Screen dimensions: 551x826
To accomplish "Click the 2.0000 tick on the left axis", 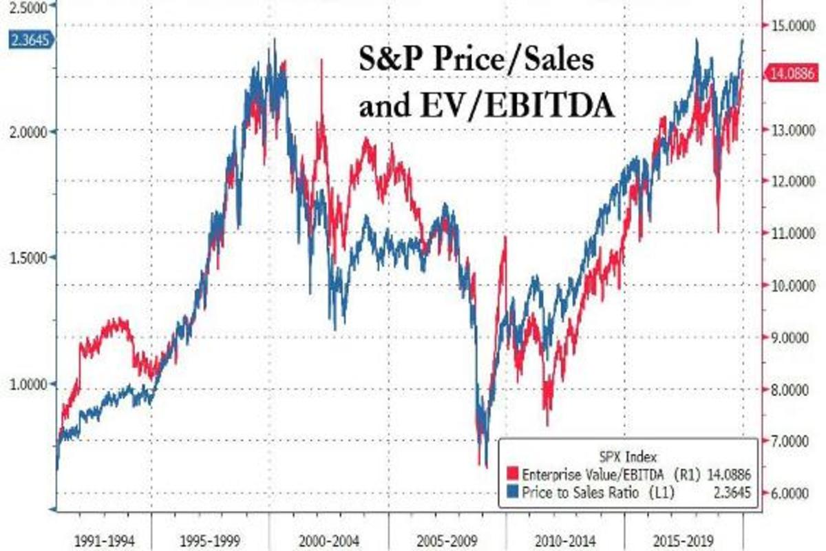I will click(27, 131).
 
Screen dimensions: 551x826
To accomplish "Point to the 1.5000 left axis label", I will click(27, 258).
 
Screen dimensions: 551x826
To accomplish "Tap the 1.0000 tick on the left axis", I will click(27, 384).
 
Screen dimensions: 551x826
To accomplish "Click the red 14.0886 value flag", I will click(792, 70).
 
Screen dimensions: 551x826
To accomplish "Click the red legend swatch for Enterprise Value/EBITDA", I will click(512, 474).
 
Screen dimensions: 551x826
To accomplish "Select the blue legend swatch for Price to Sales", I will click(512, 491).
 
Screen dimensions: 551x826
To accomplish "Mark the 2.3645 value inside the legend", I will click(731, 491).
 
